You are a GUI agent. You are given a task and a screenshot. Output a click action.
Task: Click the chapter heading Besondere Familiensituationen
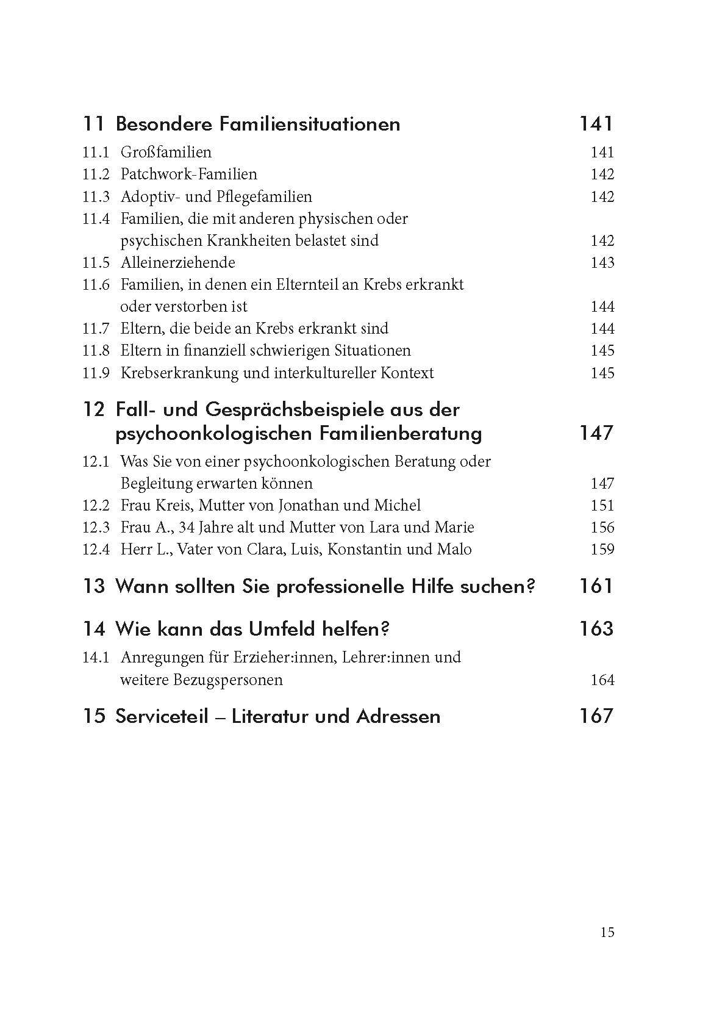coord(257,124)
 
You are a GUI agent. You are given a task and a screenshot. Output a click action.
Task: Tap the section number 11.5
coord(96,263)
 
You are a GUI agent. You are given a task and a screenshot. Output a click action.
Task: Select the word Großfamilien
coord(166,153)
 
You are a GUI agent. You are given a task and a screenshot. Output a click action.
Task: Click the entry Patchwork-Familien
coord(189,174)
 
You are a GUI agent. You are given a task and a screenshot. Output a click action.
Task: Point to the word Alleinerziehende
coord(177,263)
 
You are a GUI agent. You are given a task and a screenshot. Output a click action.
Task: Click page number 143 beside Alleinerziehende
coord(602,263)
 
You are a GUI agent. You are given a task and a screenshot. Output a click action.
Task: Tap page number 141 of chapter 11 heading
coord(596,124)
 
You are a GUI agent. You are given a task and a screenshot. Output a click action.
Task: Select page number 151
coord(602,506)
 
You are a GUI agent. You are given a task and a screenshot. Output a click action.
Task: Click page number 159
coord(602,550)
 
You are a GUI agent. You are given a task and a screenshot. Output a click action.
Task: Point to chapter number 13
coord(94,587)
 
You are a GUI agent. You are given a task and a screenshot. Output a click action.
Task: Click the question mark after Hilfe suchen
coord(531,587)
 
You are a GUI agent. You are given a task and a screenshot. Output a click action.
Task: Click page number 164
coord(602,680)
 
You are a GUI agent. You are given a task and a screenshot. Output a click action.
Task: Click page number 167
coord(596,716)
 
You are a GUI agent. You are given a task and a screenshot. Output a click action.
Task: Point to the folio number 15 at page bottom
coord(607,933)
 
